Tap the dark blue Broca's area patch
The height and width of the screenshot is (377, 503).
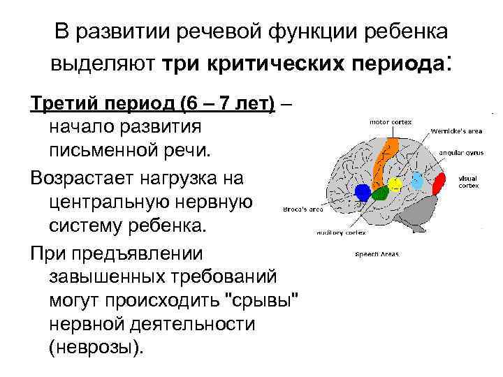tap(362, 191)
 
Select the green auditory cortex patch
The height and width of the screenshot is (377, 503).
tap(379, 193)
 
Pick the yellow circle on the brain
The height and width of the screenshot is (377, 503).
tap(395, 184)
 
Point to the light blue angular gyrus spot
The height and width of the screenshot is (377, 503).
tap(417, 180)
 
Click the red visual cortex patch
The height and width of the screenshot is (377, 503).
tap(439, 185)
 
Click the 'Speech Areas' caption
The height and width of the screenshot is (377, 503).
tap(377, 254)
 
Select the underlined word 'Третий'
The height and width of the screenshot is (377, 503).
tap(64, 104)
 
